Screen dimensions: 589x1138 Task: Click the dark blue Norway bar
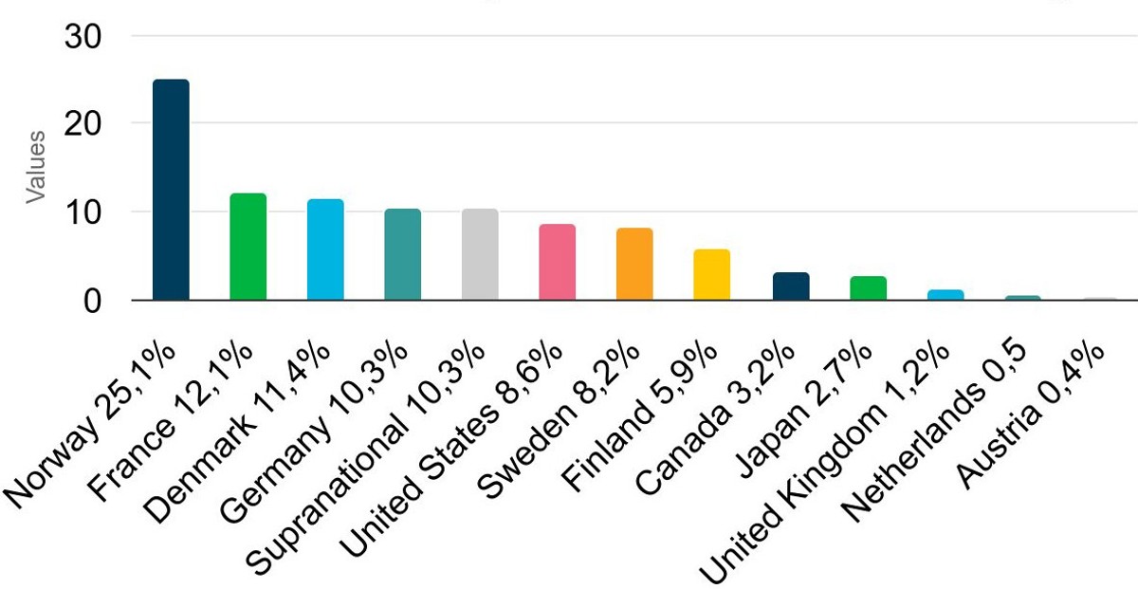click(x=171, y=190)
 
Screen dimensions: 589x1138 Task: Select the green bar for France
click(x=248, y=247)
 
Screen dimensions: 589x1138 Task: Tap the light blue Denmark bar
click(x=325, y=249)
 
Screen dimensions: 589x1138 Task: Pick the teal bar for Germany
click(x=402, y=254)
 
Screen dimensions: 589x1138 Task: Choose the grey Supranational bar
click(x=480, y=254)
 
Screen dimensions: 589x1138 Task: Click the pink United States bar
click(x=557, y=262)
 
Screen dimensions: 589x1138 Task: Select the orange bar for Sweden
click(x=634, y=264)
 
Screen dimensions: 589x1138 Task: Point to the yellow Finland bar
click(x=711, y=274)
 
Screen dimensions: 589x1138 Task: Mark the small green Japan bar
click(x=867, y=288)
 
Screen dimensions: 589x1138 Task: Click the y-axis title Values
click(x=35, y=167)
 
